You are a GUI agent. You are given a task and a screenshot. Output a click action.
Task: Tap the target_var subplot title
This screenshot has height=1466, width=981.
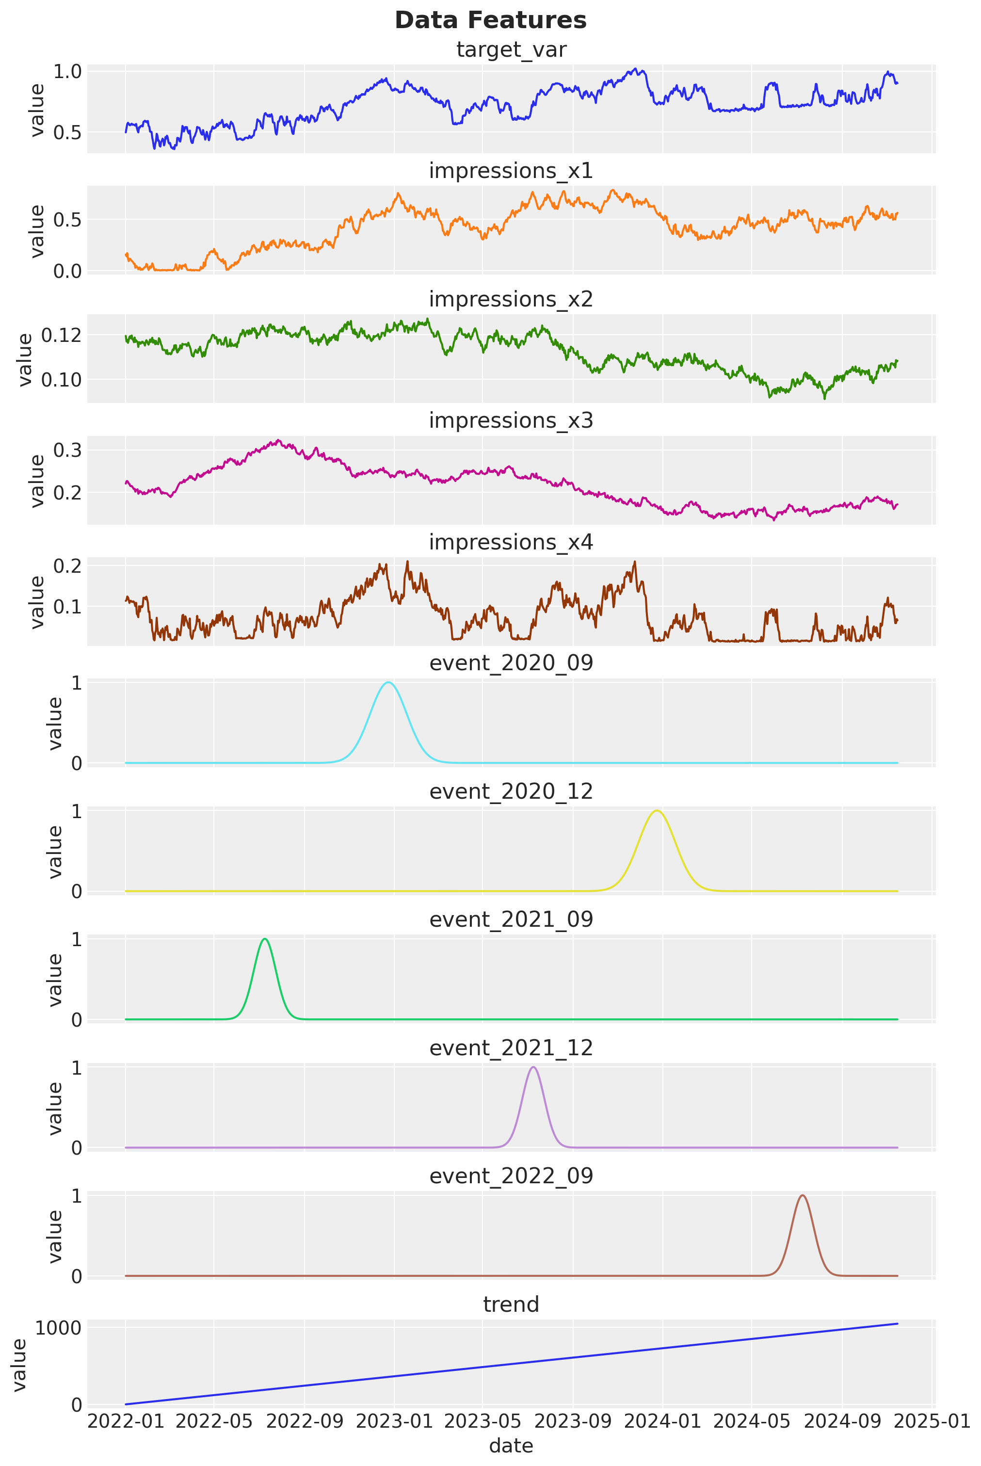[x=511, y=49]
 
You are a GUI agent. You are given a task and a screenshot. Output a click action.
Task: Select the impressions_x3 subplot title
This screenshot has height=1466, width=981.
[x=511, y=420]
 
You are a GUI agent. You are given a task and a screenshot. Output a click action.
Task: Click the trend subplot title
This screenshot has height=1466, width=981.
[x=511, y=1304]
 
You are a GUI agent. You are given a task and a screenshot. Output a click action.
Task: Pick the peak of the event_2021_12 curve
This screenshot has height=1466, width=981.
[x=533, y=1067]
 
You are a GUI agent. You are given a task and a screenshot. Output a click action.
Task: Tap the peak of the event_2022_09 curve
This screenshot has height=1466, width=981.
[x=802, y=1195]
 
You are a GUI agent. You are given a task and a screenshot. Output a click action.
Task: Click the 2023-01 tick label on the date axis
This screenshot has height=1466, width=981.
[x=394, y=1421]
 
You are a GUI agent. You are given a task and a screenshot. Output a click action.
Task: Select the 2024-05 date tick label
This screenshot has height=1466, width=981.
[x=752, y=1421]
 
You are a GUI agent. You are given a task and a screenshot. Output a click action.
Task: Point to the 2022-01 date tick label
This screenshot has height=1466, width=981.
[x=126, y=1421]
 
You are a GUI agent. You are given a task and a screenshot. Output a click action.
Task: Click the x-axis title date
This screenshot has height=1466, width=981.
[x=511, y=1446]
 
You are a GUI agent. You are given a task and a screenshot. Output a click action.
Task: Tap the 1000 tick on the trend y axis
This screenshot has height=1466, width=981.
[x=58, y=1328]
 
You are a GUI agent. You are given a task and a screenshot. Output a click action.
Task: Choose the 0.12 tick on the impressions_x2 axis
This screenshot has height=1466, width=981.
[x=61, y=336]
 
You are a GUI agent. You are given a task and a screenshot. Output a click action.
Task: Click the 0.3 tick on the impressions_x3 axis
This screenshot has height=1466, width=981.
[x=67, y=450]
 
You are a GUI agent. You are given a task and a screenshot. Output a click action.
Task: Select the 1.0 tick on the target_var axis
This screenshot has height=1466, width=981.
[x=67, y=71]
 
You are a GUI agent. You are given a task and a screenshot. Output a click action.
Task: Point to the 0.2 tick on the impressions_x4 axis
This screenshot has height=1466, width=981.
[x=67, y=565]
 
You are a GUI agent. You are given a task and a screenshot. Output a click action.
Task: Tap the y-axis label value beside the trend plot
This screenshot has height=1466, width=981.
[x=19, y=1365]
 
